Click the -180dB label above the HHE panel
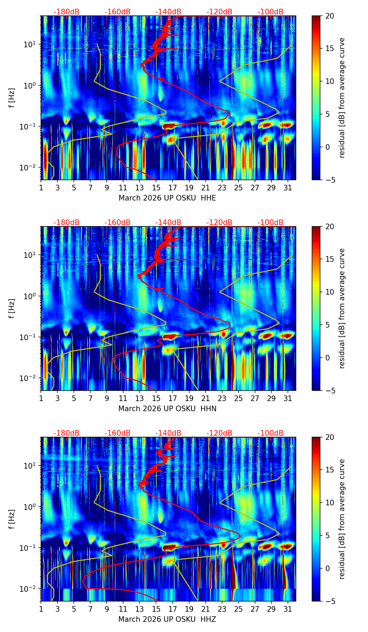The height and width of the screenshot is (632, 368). pyautogui.click(x=66, y=12)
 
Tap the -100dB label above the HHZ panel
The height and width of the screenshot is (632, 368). pyautogui.click(x=270, y=433)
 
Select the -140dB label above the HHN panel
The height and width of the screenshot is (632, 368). pyautogui.click(x=168, y=223)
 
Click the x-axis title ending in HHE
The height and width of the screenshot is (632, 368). pyautogui.click(x=167, y=198)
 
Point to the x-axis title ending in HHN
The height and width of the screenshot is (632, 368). pyautogui.click(x=167, y=409)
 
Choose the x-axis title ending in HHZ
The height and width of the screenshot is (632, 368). pyautogui.click(x=167, y=619)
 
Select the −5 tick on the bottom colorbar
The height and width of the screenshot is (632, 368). pyautogui.click(x=329, y=601)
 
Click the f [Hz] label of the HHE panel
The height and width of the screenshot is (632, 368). pyautogui.click(x=12, y=98)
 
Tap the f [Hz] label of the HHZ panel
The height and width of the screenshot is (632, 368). pyautogui.click(x=12, y=519)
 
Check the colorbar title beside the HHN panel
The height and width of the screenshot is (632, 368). pyautogui.click(x=342, y=308)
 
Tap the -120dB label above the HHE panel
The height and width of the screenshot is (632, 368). pyautogui.click(x=219, y=12)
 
